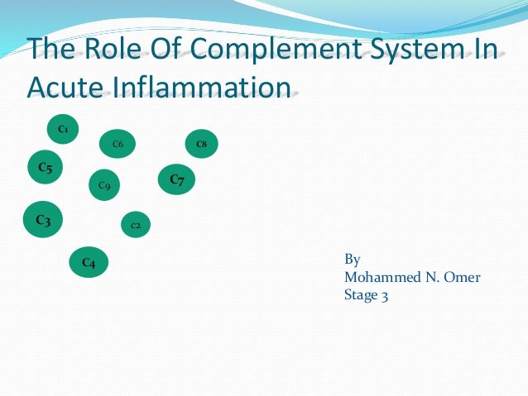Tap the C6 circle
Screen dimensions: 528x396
pos(118,145)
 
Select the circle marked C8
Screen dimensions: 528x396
pos(201,145)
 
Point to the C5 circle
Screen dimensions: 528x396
pos(46,169)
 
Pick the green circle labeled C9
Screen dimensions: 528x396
pos(104,185)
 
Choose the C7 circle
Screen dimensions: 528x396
pos(176,179)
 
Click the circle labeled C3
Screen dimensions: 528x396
pos(43,220)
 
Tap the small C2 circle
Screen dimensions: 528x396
pos(136,225)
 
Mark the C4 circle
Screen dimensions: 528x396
pos(89,263)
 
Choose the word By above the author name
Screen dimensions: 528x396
pos(352,260)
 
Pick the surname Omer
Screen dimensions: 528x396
pos(462,277)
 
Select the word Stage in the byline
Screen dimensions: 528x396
pos(361,294)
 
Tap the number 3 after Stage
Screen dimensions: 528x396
pos(385,294)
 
